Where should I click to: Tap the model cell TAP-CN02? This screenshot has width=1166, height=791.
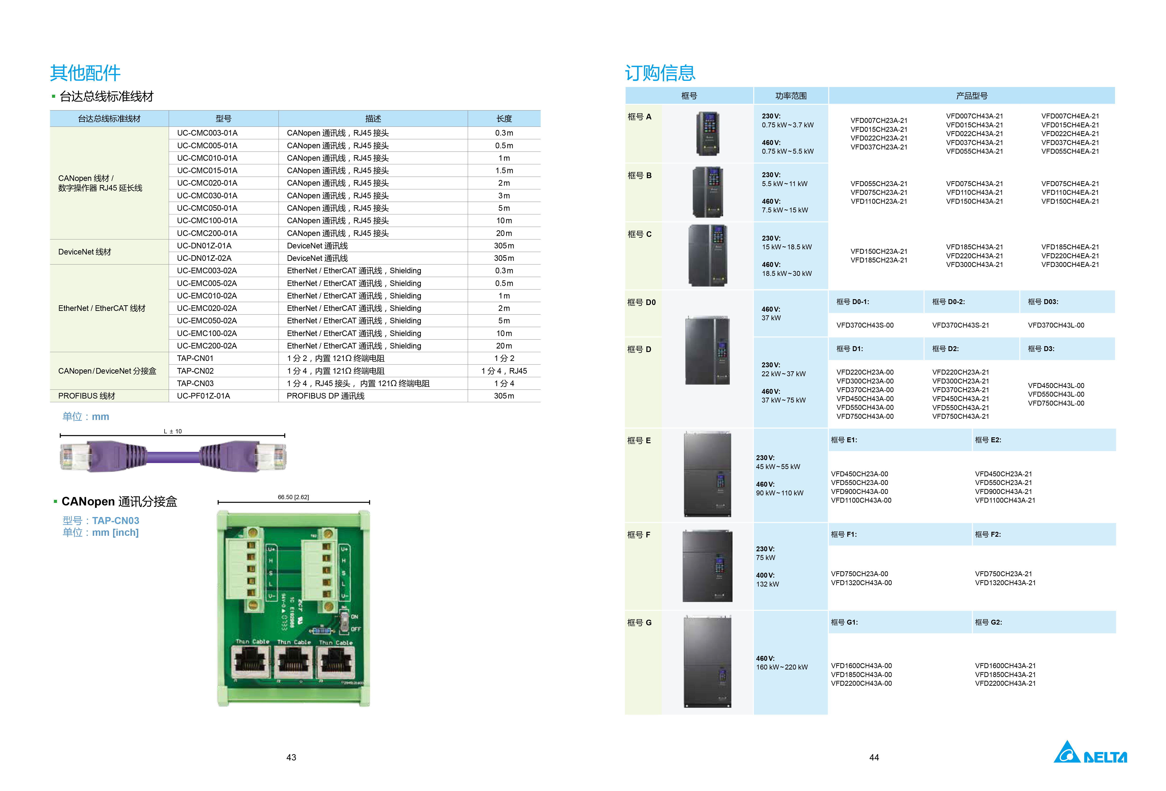click(195, 371)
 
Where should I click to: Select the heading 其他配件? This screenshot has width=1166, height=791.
click(85, 73)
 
